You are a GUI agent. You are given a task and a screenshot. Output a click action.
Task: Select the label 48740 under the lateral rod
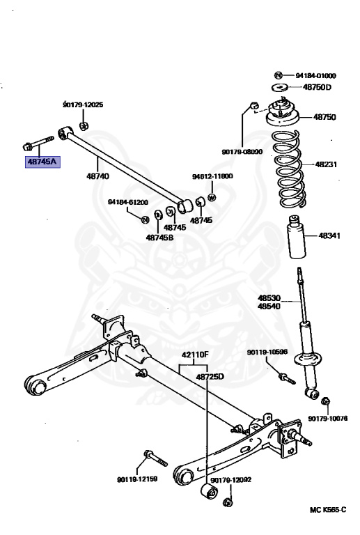point(97,176)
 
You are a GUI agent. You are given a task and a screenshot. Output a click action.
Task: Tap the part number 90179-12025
point(82,104)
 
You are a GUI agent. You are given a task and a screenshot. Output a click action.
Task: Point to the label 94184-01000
point(315,75)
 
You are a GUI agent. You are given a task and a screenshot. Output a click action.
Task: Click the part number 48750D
point(317,87)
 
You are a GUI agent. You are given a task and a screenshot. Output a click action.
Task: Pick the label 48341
point(329,236)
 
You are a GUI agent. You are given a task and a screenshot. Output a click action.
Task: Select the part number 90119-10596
point(266,352)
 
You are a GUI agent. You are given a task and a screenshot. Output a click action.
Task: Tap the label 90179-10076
point(328,419)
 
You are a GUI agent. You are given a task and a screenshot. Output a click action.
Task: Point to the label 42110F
point(195,355)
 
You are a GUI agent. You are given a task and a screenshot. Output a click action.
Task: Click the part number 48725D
point(210,377)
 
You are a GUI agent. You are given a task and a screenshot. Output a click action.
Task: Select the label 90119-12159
point(138,479)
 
